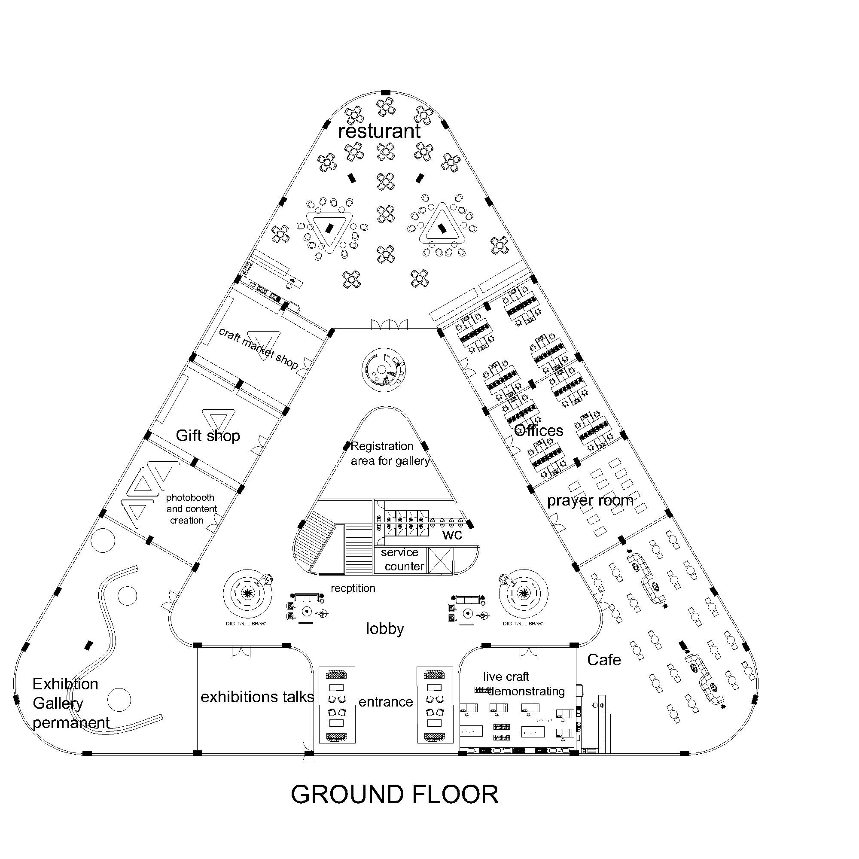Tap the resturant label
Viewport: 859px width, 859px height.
(379, 131)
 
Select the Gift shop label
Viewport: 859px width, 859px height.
(207, 435)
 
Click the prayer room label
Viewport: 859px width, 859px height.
(590, 501)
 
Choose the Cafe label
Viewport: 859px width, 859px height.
(604, 660)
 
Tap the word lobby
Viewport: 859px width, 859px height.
(384, 629)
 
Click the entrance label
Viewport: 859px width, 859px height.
(386, 702)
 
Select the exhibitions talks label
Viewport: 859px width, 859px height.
(257, 697)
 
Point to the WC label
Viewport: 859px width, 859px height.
(452, 535)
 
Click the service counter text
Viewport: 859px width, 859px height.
(402, 559)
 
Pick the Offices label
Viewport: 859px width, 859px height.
(539, 430)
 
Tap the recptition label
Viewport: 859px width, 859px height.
(353, 588)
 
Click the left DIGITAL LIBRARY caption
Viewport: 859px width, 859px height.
(247, 623)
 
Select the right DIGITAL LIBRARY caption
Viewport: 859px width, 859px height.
(524, 623)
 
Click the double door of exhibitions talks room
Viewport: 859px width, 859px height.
(241, 651)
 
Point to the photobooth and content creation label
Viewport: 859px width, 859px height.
(190, 509)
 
